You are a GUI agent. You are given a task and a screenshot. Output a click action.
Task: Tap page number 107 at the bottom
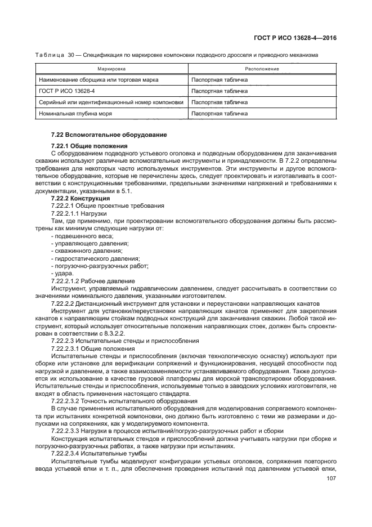click(x=331, y=480)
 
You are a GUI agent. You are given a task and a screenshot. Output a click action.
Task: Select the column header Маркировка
click(x=111, y=68)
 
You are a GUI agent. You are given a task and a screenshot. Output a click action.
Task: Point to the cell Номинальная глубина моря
click(x=75, y=113)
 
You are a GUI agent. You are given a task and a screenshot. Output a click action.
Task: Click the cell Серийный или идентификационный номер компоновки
click(x=111, y=102)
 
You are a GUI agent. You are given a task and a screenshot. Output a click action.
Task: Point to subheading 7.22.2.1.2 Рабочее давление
click(x=93, y=280)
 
